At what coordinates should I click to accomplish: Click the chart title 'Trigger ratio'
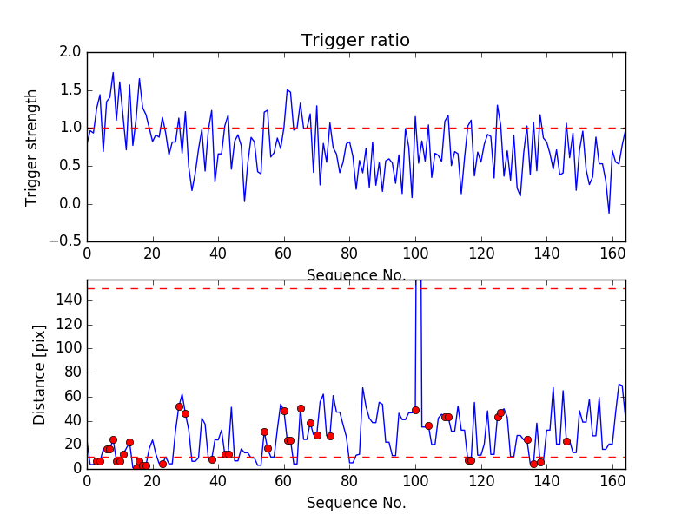[x=355, y=41]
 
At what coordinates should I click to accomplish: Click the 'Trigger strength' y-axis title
[x=32, y=147]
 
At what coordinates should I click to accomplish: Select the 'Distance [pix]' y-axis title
[x=39, y=373]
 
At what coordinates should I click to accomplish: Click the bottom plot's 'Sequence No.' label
[x=355, y=503]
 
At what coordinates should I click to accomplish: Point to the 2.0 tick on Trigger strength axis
[x=71, y=52]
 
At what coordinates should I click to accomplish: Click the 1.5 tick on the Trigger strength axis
[x=71, y=90]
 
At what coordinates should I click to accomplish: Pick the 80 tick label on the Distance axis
[x=72, y=372]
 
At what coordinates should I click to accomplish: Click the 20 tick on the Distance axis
[x=72, y=445]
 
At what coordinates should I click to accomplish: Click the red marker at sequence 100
[x=415, y=410]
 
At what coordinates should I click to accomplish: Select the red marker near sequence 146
[x=566, y=441]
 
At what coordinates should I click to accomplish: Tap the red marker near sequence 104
[x=428, y=425]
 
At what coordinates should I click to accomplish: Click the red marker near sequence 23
[x=162, y=464]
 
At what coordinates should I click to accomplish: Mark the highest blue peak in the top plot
[x=113, y=73]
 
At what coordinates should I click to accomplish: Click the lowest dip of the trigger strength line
[x=609, y=213]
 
